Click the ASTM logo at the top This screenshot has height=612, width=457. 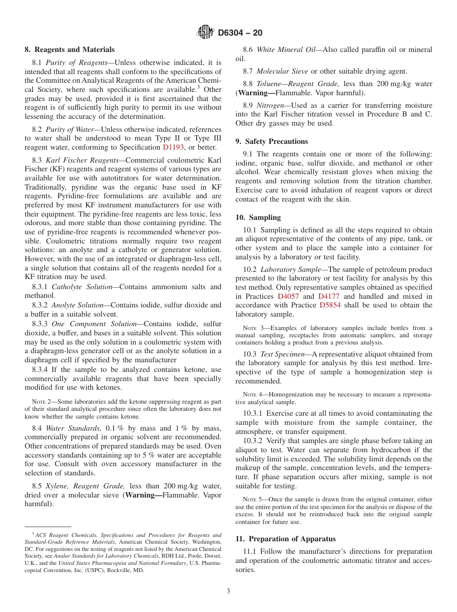click(205, 32)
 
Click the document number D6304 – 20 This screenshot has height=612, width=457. click(240, 33)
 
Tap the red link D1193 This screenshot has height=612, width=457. click(174, 147)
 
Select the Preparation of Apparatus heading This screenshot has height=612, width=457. click(285, 539)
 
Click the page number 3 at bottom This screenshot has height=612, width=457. click(228, 591)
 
